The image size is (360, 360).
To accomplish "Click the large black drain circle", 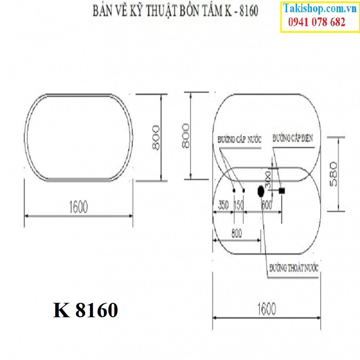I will [x=260, y=191].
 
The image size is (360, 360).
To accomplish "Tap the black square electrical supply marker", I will [x=282, y=191].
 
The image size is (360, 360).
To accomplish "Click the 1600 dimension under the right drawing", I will [x=266, y=308].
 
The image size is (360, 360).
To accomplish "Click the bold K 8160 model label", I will [x=85, y=310].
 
